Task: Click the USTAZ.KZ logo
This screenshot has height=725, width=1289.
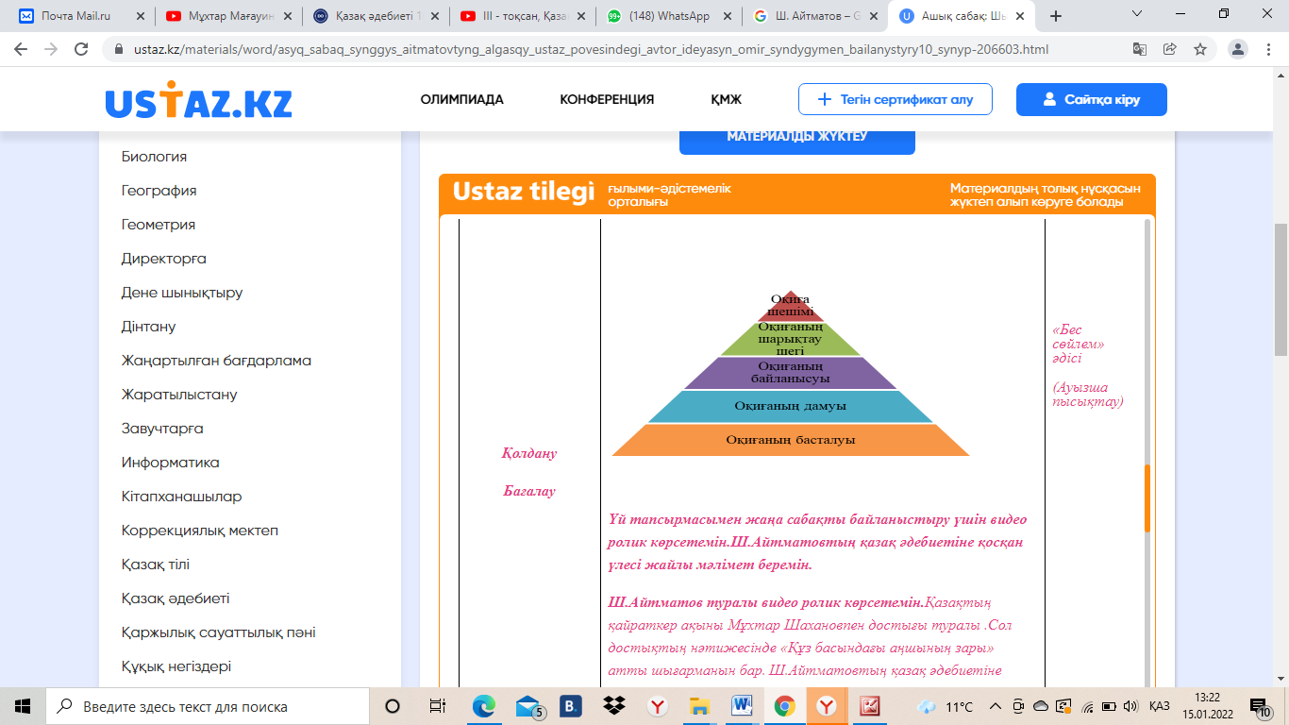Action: coord(198,101)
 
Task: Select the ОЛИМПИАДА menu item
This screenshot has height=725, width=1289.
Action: coord(461,99)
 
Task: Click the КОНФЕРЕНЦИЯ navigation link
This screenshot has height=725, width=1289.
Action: coord(607,99)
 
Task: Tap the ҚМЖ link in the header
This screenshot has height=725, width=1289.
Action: coord(726,99)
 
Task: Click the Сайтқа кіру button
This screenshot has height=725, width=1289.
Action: coord(1091,99)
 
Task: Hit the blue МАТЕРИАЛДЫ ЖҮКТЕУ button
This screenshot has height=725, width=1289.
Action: coord(796,137)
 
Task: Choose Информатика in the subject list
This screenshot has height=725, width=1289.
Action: coord(170,463)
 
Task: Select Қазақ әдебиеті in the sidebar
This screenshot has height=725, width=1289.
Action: coord(176,599)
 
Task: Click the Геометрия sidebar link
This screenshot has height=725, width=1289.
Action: coord(159,225)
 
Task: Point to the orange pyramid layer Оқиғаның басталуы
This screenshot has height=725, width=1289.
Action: coord(791,440)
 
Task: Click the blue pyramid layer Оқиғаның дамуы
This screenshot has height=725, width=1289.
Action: coord(791,406)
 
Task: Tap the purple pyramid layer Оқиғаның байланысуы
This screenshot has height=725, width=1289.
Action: coord(791,373)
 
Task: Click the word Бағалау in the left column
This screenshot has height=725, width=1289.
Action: coord(528,491)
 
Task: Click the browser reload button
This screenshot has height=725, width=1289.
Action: coord(81,49)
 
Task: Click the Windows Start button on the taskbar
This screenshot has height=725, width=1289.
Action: coord(23,706)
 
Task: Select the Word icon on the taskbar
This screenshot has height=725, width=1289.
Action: coord(741,706)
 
